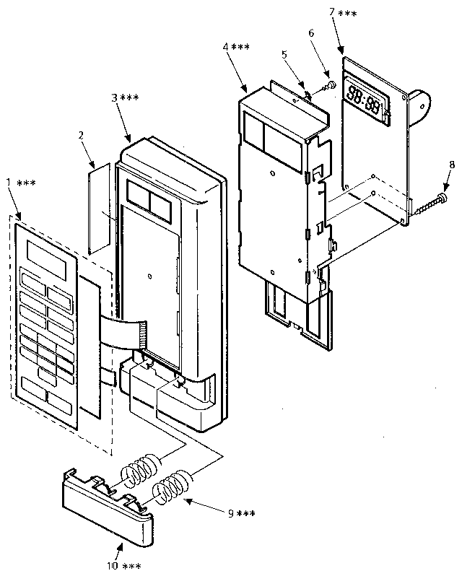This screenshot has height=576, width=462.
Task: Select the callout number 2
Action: click(81, 134)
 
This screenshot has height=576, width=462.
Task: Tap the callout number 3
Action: click(115, 97)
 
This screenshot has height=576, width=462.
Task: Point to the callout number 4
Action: click(226, 48)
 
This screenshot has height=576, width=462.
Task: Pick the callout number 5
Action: click(284, 54)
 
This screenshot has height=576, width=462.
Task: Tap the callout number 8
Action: click(451, 165)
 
